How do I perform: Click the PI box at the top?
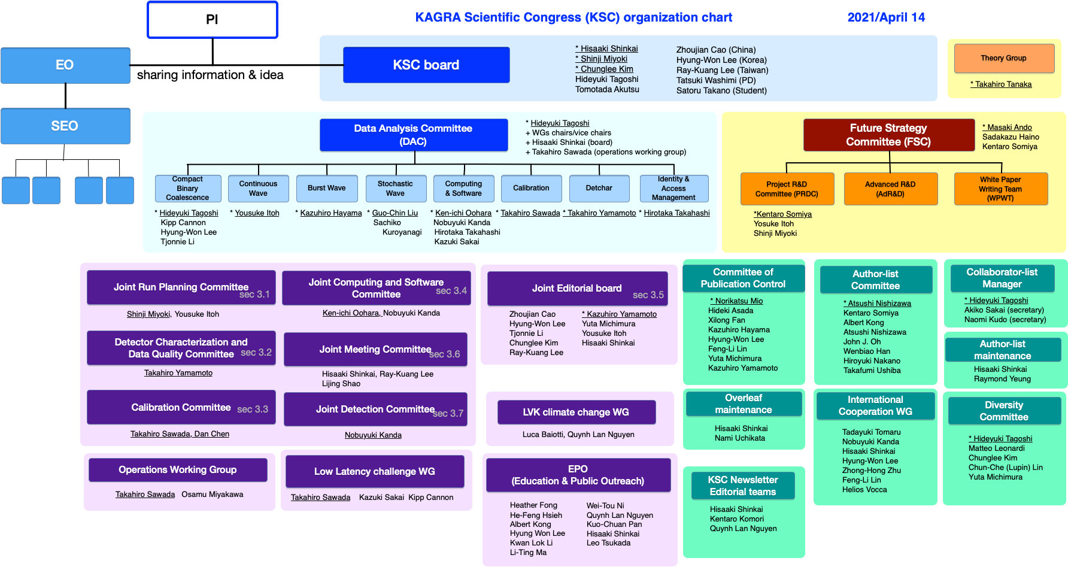213,20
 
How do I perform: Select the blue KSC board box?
426,65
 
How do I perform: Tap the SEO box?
65,126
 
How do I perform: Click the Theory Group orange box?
1003,58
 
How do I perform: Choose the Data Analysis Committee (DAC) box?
413,135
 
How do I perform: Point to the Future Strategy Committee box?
888,135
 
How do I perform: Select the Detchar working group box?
599,188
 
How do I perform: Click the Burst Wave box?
327,188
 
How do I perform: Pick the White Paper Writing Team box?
1000,189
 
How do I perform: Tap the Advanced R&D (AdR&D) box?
890,189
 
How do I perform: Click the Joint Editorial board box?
577,289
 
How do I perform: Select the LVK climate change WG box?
576,412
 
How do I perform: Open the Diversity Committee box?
1004,411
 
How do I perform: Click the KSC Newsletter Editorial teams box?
743,486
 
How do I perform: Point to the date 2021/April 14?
886,17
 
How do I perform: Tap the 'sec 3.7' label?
448,413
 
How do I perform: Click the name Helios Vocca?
864,490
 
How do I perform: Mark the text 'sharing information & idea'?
210,75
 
